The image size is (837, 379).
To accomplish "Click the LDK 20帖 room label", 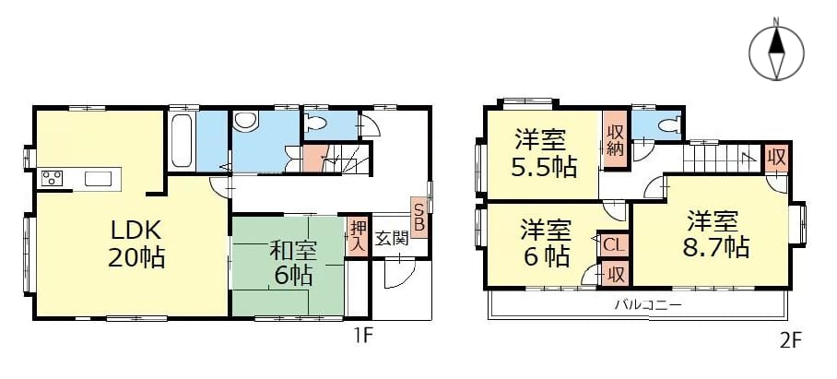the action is pyautogui.click(x=136, y=244).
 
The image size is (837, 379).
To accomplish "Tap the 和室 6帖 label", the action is pyautogui.click(x=293, y=263).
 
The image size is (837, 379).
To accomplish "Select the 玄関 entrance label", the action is pyautogui.click(x=393, y=238).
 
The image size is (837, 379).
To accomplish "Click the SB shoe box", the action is pyautogui.click(x=419, y=217).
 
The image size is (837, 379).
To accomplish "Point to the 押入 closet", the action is pyautogui.click(x=357, y=236).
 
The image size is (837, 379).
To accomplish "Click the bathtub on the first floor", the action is pyautogui.click(x=182, y=141).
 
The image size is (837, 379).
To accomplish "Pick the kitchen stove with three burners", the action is pyautogui.click(x=53, y=178).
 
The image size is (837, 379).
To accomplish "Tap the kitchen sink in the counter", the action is pyautogui.click(x=99, y=179).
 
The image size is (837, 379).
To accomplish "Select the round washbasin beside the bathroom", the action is pyautogui.click(x=245, y=121).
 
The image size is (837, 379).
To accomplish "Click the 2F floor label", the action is pyautogui.click(x=791, y=339).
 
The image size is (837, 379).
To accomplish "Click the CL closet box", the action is pyautogui.click(x=613, y=245).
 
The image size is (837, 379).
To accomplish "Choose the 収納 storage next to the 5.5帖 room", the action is pyautogui.click(x=615, y=139).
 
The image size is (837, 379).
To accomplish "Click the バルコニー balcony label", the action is pyautogui.click(x=648, y=305).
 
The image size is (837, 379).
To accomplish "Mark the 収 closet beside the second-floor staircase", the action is pyautogui.click(x=775, y=158).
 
